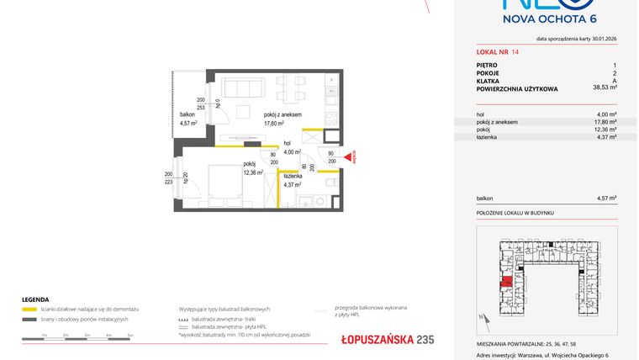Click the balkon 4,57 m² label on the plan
coord(187,119)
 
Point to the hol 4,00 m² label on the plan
coord(291,148)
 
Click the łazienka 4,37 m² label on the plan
coord(292,180)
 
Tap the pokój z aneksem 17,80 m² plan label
coord(282,119)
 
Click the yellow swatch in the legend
coord(29,310)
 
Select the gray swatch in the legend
coord(29,320)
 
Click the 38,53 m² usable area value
coord(604,87)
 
